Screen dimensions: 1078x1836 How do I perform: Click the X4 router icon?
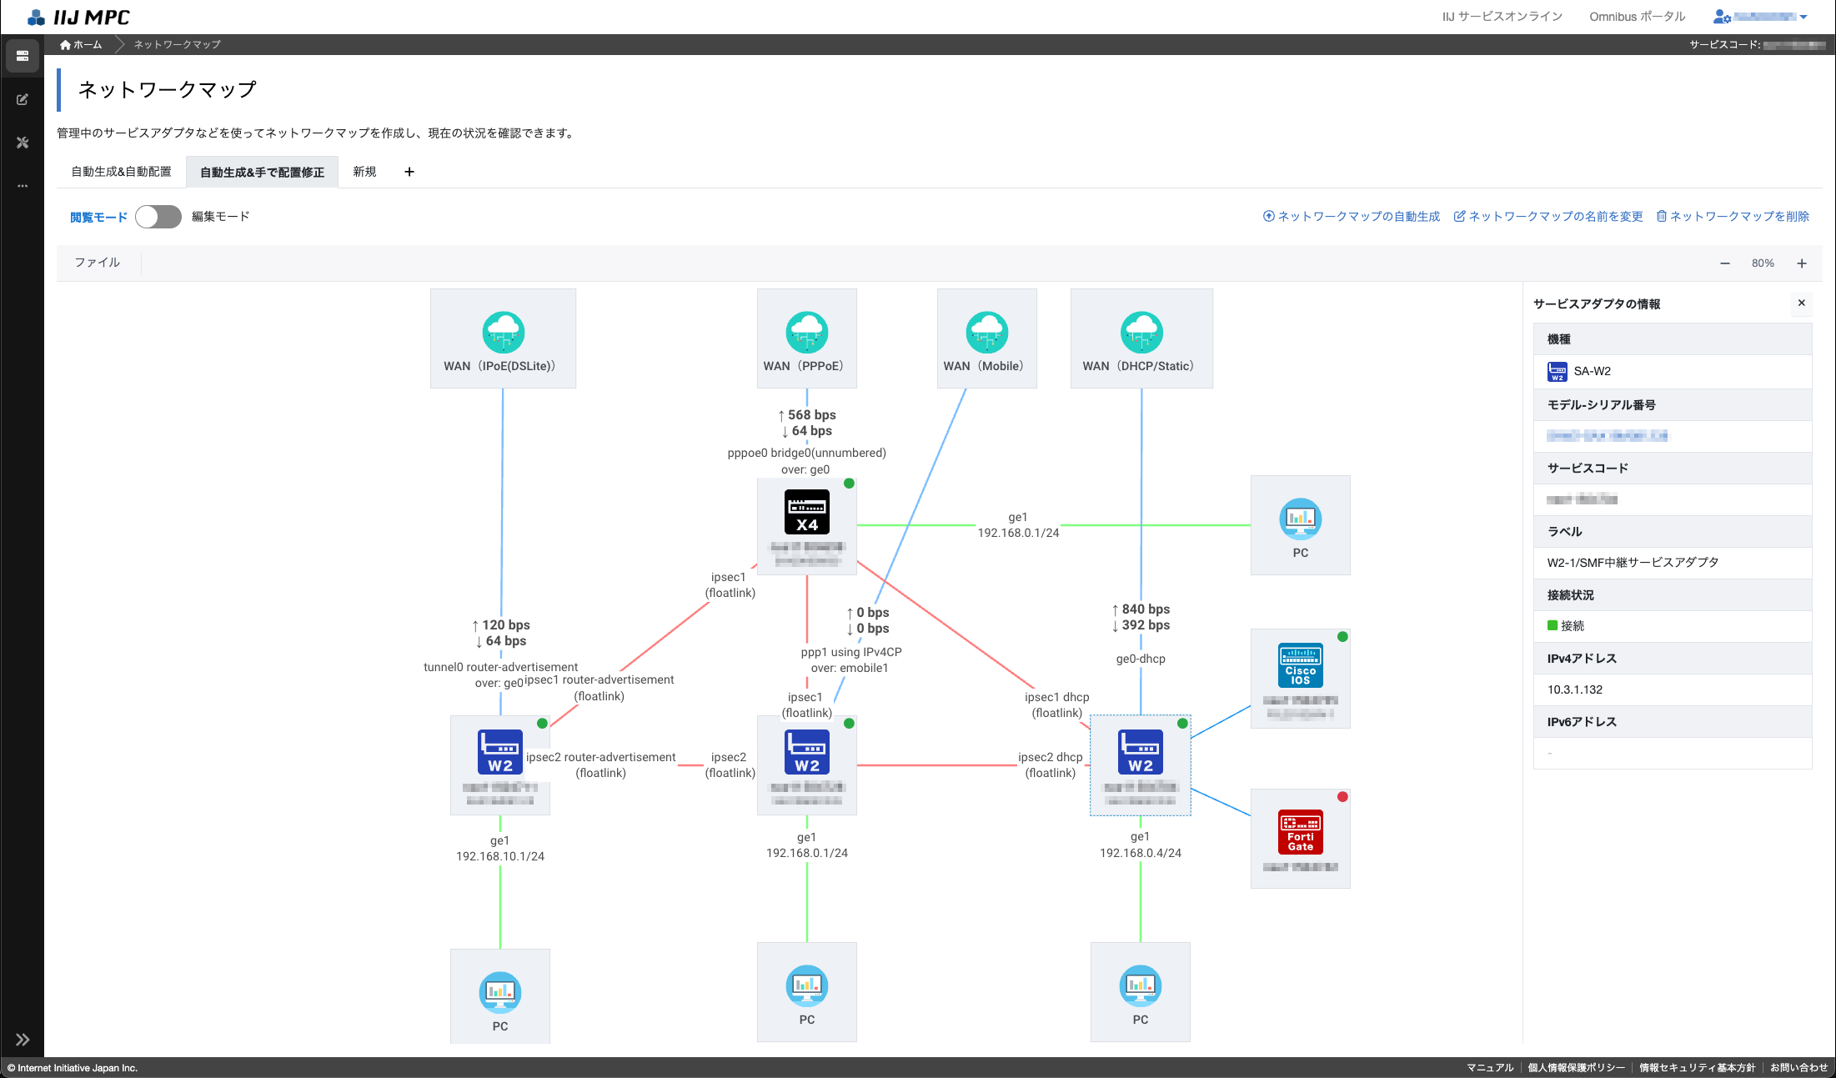(x=806, y=512)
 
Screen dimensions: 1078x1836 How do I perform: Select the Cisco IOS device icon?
(x=1300, y=665)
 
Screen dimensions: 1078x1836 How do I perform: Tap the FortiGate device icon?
(x=1300, y=832)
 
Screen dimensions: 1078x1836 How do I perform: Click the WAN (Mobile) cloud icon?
(x=986, y=333)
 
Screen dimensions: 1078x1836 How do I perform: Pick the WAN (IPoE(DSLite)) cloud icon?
(x=503, y=333)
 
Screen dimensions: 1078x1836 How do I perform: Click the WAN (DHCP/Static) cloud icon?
(x=1141, y=333)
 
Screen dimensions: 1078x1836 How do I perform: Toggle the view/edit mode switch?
(x=158, y=217)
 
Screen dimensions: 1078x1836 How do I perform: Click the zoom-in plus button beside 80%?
(x=1802, y=263)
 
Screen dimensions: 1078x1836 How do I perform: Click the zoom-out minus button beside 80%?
(x=1725, y=263)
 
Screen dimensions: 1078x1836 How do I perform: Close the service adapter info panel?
(x=1801, y=303)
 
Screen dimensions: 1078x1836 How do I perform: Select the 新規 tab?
(x=364, y=172)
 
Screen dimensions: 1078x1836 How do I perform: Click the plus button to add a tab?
(x=409, y=172)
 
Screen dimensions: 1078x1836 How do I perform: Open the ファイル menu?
(x=98, y=263)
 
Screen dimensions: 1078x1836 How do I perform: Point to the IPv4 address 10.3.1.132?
(x=1575, y=689)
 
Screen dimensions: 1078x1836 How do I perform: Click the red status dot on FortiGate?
(x=1342, y=797)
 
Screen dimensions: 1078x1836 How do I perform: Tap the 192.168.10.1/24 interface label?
(x=500, y=856)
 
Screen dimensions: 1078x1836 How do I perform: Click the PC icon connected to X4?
(x=1300, y=520)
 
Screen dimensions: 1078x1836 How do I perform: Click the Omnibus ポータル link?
(x=1637, y=17)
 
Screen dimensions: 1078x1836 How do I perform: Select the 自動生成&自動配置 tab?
(x=122, y=172)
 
